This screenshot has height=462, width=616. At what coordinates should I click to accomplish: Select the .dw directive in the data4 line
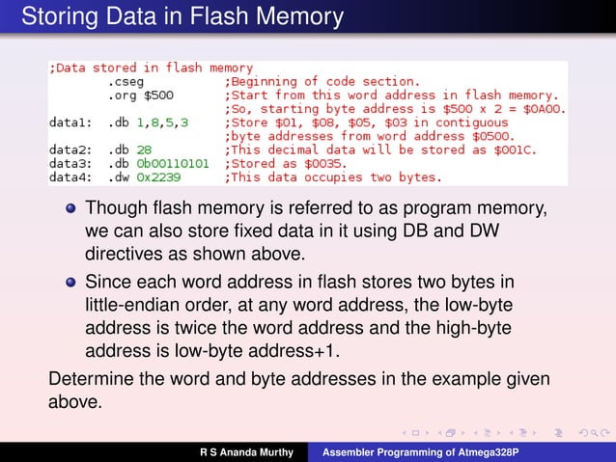pos(119,177)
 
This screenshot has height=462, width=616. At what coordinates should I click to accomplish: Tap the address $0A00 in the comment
pos(546,109)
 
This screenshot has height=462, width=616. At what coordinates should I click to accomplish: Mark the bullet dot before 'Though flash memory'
pos(70,209)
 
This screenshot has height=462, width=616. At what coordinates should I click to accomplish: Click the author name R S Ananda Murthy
pos(248,451)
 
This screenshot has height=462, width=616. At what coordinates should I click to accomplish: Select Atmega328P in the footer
pos(477,451)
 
